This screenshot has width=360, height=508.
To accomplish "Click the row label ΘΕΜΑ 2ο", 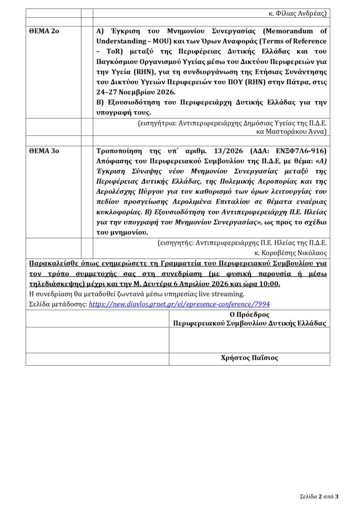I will click(44, 31).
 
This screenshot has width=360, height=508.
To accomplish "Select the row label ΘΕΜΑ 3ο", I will click(44, 151).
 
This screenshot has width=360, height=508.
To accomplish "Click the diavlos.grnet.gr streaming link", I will click(179, 304).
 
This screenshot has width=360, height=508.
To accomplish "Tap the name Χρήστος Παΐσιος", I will click(249, 358).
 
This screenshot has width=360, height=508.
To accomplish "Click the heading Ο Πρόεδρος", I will click(249, 315).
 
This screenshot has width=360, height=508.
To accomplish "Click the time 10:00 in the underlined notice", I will click(269, 284).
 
